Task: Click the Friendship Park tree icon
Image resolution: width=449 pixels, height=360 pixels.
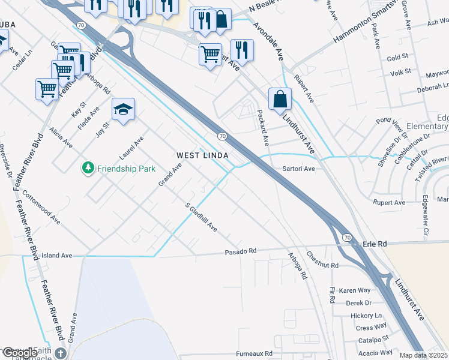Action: [88, 169]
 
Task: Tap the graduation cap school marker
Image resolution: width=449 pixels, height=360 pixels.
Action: [123, 109]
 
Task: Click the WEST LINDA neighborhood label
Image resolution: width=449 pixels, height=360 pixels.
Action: [202, 155]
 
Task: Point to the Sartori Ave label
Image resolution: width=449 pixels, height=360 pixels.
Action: [298, 169]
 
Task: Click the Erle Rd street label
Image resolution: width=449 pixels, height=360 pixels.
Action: [375, 244]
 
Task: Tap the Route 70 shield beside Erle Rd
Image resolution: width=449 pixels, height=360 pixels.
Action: [348, 238]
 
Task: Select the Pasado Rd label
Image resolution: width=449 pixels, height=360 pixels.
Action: [241, 251]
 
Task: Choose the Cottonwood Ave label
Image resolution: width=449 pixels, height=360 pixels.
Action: [41, 208]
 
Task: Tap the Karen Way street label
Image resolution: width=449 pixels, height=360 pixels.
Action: [354, 290]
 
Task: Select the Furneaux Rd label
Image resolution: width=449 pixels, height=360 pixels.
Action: [253, 353]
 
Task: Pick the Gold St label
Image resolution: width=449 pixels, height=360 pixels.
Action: [397, 58]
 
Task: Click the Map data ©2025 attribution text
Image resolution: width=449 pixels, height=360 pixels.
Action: [424, 355]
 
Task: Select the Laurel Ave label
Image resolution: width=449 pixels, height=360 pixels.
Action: [131, 148]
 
